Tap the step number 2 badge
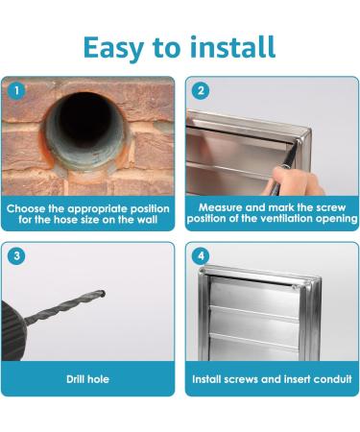pos(201,91)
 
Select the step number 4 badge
pos(201,256)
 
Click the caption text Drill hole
pos(89,379)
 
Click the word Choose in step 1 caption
pos(33,207)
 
